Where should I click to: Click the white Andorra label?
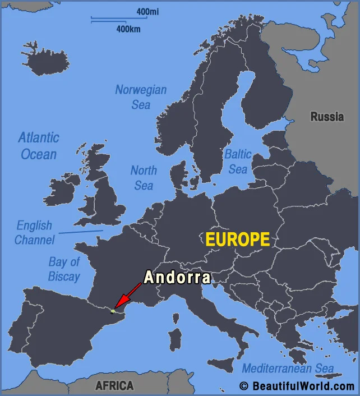(x=177, y=278)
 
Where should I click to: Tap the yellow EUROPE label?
(x=237, y=240)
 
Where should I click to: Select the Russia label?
(x=327, y=117)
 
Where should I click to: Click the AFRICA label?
(x=114, y=386)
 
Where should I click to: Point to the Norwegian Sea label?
(x=141, y=96)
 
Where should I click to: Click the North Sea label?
(x=144, y=177)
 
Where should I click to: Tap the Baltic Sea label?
(x=238, y=161)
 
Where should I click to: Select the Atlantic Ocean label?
(x=39, y=145)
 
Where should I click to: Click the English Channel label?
(x=34, y=233)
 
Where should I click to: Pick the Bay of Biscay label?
(x=64, y=269)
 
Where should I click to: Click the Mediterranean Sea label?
(x=288, y=369)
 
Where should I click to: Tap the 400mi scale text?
(x=146, y=12)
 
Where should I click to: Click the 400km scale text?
(x=128, y=29)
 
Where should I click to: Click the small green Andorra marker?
(x=113, y=311)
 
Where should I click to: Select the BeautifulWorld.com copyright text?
(x=297, y=386)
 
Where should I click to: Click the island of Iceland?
(x=46, y=58)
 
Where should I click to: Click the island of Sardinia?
(x=175, y=339)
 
